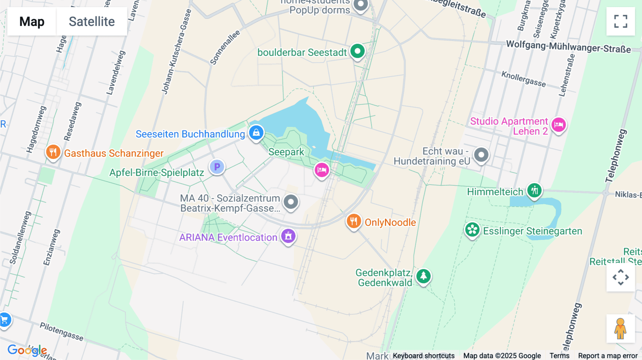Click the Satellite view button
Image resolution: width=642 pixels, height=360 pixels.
pyautogui.click(x=92, y=21)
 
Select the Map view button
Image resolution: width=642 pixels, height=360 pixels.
pyautogui.click(x=32, y=21)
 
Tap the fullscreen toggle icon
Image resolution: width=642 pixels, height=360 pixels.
pyautogui.click(x=621, y=21)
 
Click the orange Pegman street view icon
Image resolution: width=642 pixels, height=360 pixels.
pyautogui.click(x=621, y=329)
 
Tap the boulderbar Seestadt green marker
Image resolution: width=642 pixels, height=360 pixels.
pyautogui.click(x=357, y=51)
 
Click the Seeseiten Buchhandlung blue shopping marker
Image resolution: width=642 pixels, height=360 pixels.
pyautogui.click(x=256, y=133)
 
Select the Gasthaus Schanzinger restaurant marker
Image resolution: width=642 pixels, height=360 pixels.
pyautogui.click(x=53, y=153)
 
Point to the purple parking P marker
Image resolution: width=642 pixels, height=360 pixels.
pyautogui.click(x=217, y=167)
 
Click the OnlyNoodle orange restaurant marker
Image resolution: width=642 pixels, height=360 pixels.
pyautogui.click(x=353, y=221)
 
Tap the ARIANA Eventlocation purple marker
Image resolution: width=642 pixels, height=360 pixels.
pyautogui.click(x=288, y=236)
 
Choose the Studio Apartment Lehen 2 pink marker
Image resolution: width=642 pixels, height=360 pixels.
pyautogui.click(x=559, y=125)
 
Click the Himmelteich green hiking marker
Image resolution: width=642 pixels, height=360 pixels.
pyautogui.click(x=534, y=191)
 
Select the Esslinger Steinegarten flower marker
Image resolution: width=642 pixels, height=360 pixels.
pyautogui.click(x=472, y=230)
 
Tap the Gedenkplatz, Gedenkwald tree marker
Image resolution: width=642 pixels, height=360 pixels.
pyautogui.click(x=423, y=276)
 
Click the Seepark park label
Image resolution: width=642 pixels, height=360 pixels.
pyautogui.click(x=286, y=152)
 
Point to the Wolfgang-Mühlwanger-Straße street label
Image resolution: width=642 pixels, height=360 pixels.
pyautogui.click(x=568, y=47)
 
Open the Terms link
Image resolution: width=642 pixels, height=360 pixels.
pyautogui.click(x=559, y=356)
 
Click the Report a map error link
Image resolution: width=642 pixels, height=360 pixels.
pyautogui.click(x=608, y=356)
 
